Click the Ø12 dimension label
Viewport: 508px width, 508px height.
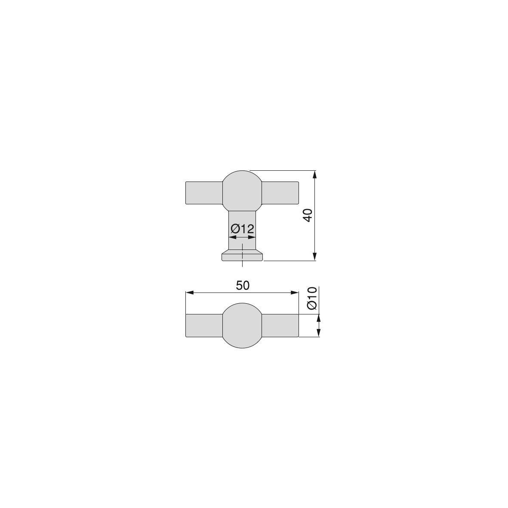242,229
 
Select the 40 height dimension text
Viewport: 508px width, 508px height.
308,216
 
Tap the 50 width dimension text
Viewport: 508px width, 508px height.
243,286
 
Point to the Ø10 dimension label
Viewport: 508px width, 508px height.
312,299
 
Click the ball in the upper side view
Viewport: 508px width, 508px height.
242,191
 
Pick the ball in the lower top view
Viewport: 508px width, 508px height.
242,326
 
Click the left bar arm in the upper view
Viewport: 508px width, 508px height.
204,193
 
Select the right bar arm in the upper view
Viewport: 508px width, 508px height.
280,193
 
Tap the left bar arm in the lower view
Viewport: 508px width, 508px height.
204,326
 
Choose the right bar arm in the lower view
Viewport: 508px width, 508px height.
280,326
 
